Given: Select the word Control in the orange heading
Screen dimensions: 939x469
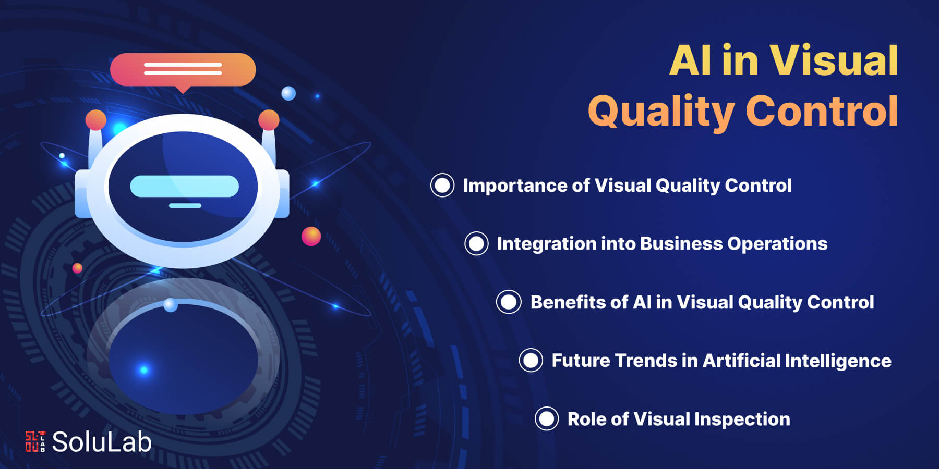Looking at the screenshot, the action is click(x=822, y=110).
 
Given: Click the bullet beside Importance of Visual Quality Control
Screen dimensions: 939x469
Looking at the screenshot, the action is click(x=442, y=185).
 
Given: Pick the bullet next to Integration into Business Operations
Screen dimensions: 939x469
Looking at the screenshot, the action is click(x=476, y=243).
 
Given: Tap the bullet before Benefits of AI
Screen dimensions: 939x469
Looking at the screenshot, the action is click(x=509, y=302).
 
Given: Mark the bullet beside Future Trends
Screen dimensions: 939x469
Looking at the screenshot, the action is click(x=531, y=360).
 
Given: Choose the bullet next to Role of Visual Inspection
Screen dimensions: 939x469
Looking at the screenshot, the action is click(x=547, y=418).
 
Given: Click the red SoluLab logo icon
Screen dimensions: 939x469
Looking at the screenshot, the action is click(x=35, y=441).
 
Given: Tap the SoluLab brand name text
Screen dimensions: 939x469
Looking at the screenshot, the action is click(x=102, y=441).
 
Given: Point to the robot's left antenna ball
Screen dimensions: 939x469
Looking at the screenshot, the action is click(x=96, y=120).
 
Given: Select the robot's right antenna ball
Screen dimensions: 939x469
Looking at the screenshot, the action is click(x=269, y=120).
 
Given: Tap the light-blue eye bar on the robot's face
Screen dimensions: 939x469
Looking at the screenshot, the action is click(x=184, y=186).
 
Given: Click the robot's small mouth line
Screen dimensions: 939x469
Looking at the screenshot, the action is click(x=185, y=206).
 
